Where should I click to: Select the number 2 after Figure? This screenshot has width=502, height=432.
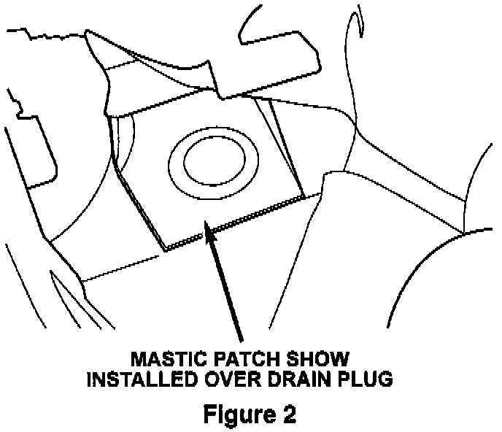click(x=290, y=414)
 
